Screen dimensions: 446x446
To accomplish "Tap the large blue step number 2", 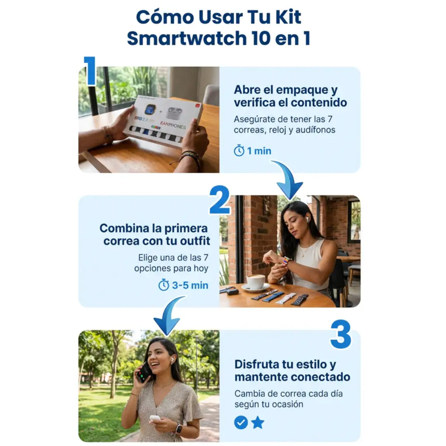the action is pyautogui.click(x=220, y=200).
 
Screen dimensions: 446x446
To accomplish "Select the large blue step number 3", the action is pyautogui.click(x=340, y=334).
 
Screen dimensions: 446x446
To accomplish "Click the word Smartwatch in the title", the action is pyautogui.click(x=187, y=38).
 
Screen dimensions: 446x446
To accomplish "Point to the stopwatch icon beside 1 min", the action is pyautogui.click(x=239, y=150).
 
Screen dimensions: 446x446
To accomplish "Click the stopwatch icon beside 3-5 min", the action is pyautogui.click(x=164, y=285).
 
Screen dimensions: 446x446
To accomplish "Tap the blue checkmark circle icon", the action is pyautogui.click(x=241, y=422).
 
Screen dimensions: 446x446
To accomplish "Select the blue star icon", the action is pyautogui.click(x=258, y=422).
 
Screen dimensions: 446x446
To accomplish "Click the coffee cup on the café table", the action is pyautogui.click(x=256, y=282).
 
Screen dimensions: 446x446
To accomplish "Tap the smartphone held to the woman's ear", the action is pyautogui.click(x=144, y=372).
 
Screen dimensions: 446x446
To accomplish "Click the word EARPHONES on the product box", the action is pyautogui.click(x=173, y=125).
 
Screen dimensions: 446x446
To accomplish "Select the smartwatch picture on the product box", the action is pyautogui.click(x=150, y=110).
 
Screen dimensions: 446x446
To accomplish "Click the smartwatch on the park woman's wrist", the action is pyautogui.click(x=178, y=429).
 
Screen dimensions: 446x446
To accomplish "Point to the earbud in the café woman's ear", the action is pyautogui.click(x=308, y=220).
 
